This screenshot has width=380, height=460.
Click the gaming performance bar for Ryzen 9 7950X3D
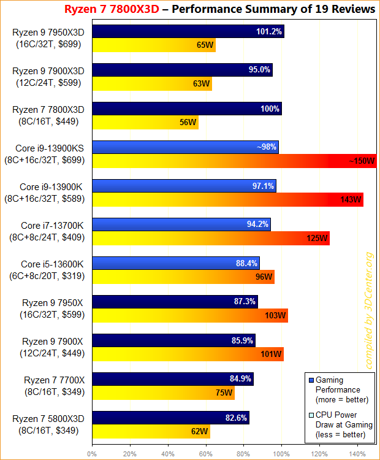click(x=187, y=31)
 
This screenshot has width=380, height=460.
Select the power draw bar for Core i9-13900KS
click(x=233, y=161)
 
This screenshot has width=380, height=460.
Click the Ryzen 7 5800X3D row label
click(x=48, y=424)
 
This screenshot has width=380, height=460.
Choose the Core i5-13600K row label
click(x=48, y=270)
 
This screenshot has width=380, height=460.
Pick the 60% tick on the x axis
click(x=206, y=454)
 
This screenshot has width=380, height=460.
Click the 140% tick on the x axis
click(x=358, y=454)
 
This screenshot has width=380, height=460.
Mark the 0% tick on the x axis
click(x=92, y=454)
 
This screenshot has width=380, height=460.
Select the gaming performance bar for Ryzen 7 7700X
click(x=172, y=379)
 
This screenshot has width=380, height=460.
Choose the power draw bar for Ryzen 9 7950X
click(x=189, y=315)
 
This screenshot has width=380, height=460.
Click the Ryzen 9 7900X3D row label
click(x=48, y=77)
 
